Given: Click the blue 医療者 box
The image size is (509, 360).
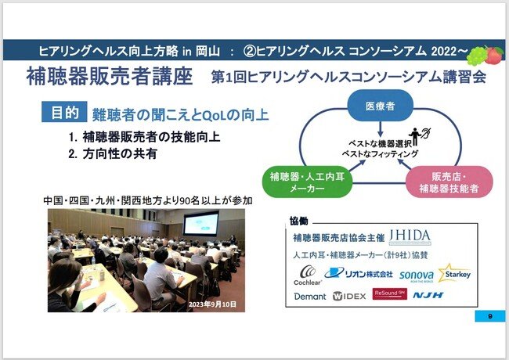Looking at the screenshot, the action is pyautogui.click(x=380, y=106).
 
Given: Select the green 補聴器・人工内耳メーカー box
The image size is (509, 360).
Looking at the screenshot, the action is pyautogui.click(x=307, y=182).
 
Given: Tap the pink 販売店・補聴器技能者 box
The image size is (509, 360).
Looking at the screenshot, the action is pyautogui.click(x=449, y=182).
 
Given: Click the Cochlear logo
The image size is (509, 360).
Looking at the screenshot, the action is pyautogui.click(x=308, y=275).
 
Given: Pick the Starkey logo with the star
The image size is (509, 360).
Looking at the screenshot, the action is pyautogui.click(x=454, y=273).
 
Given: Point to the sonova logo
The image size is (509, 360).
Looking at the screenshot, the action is pyautogui.click(x=417, y=275).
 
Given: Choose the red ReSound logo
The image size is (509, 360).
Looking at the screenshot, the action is pyautogui.click(x=389, y=293).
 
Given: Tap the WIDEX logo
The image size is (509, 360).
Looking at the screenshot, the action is pyautogui.click(x=349, y=296).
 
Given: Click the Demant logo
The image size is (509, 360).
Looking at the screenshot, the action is pyautogui.click(x=309, y=297).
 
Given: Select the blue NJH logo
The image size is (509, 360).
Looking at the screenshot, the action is pyautogui.click(x=428, y=295).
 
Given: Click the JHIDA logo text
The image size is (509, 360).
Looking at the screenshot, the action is pyautogui.click(x=410, y=237).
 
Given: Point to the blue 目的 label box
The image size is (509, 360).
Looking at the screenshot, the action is pyautogui.click(x=64, y=112).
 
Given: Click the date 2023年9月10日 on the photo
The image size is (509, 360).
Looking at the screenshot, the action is pyautogui.click(x=212, y=304).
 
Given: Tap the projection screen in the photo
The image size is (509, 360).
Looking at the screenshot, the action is pyautogui.click(x=201, y=223).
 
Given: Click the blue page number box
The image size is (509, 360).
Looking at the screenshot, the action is pyautogui.click(x=490, y=316).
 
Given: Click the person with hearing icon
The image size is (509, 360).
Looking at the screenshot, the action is pyautogui.click(x=420, y=135).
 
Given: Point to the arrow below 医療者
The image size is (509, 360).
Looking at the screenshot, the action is pyautogui.click(x=381, y=129).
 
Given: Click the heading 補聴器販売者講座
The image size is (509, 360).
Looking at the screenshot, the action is pyautogui.click(x=110, y=77).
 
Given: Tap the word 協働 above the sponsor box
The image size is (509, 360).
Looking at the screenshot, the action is pyautogui.click(x=298, y=221).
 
